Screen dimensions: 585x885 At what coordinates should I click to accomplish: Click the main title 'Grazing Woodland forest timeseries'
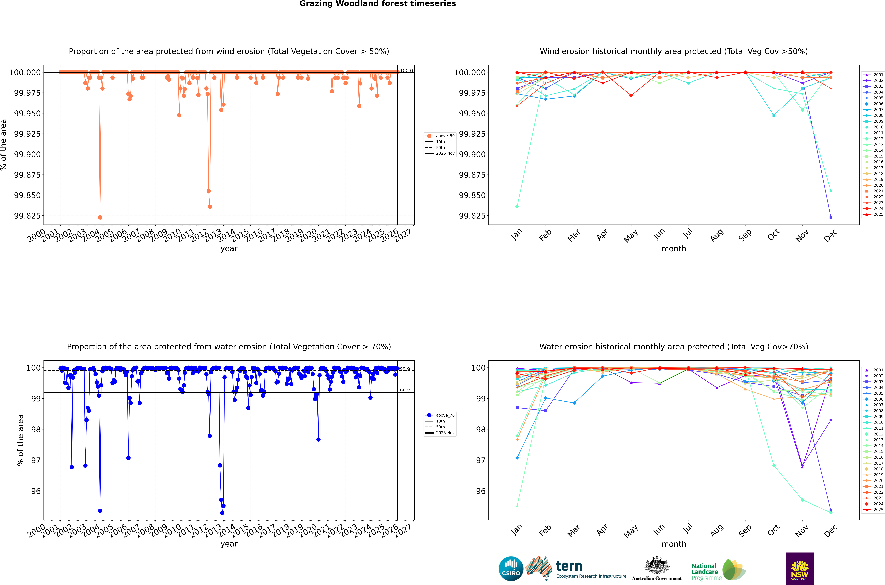point(377,4)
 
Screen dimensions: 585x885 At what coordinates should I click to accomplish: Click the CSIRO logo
point(511,569)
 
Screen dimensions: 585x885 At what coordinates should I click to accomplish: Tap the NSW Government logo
point(800,569)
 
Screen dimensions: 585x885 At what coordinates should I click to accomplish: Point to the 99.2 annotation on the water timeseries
point(405,391)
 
